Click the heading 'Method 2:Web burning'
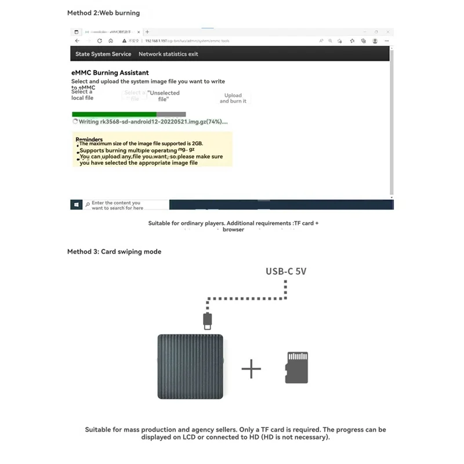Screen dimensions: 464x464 click(103, 13)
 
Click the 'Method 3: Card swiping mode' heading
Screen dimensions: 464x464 click(114, 252)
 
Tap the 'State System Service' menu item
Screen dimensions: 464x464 click(103, 54)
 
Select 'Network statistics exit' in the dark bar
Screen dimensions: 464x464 click(168, 54)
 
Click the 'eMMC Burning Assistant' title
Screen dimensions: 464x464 click(110, 72)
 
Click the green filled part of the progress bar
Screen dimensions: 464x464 click(114, 114)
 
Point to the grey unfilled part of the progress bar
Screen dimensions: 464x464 click(171, 114)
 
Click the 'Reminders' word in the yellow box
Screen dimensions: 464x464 click(89, 139)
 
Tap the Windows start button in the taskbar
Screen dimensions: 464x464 click(77, 205)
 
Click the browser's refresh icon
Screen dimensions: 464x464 click(100, 41)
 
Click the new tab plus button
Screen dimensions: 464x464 click(147, 32)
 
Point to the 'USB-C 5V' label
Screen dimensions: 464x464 click(287, 271)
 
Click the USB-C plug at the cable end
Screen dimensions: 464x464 click(207, 320)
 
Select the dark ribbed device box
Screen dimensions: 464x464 click(190, 366)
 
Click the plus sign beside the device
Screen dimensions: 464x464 click(251, 368)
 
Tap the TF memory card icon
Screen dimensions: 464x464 click(296, 367)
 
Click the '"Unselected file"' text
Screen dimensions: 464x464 click(164, 96)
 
